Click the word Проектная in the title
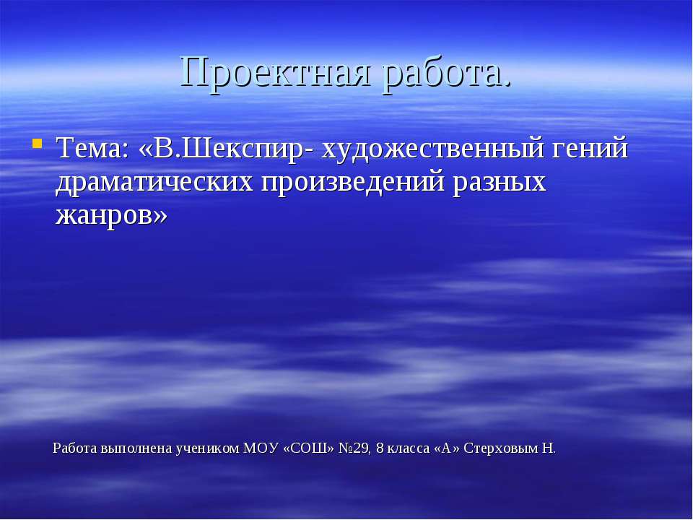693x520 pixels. (x=278, y=71)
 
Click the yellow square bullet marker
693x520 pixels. (x=37, y=143)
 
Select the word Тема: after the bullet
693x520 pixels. (x=92, y=150)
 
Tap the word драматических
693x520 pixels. (x=154, y=183)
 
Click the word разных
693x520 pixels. (x=499, y=183)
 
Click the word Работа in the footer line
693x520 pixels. (x=75, y=448)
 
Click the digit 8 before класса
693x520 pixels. (x=380, y=448)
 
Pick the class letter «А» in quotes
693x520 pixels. (x=447, y=448)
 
